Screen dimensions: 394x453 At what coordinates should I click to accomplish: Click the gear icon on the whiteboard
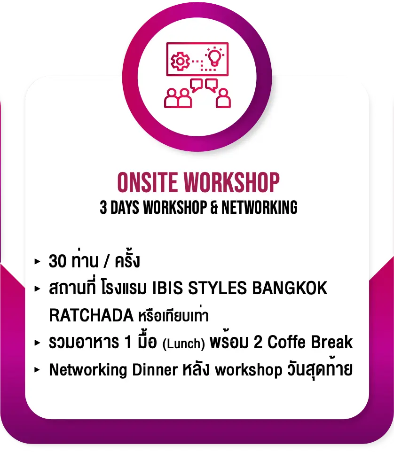point(180,61)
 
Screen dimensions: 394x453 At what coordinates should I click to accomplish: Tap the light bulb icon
point(214,56)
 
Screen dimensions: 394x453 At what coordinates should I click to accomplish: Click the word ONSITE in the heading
point(148,182)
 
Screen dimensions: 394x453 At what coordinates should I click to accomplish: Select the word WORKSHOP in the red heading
point(232,182)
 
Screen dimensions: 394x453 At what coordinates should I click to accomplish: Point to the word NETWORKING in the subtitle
point(259,207)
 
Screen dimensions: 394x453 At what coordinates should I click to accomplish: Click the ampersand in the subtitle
point(214,207)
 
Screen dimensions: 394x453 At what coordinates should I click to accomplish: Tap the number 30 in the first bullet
point(57,261)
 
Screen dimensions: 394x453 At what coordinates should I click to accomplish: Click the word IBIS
point(167,288)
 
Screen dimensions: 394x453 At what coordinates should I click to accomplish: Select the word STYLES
point(217,288)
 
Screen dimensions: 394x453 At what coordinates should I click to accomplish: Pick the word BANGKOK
point(290,288)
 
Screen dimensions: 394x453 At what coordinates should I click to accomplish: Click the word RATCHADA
point(91,315)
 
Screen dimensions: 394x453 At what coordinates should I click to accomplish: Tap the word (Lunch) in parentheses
point(184,344)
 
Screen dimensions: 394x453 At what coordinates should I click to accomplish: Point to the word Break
point(332,342)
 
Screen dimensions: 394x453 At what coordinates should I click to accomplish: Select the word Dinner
point(155,369)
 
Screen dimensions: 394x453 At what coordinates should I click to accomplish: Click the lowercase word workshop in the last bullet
point(249,370)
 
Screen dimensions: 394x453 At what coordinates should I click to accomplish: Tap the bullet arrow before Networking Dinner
point(37,369)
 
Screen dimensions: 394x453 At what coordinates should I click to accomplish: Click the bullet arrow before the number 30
point(37,261)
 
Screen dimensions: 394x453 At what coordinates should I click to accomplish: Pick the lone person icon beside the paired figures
point(223,99)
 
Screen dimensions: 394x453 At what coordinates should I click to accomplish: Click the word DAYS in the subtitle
point(125,207)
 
